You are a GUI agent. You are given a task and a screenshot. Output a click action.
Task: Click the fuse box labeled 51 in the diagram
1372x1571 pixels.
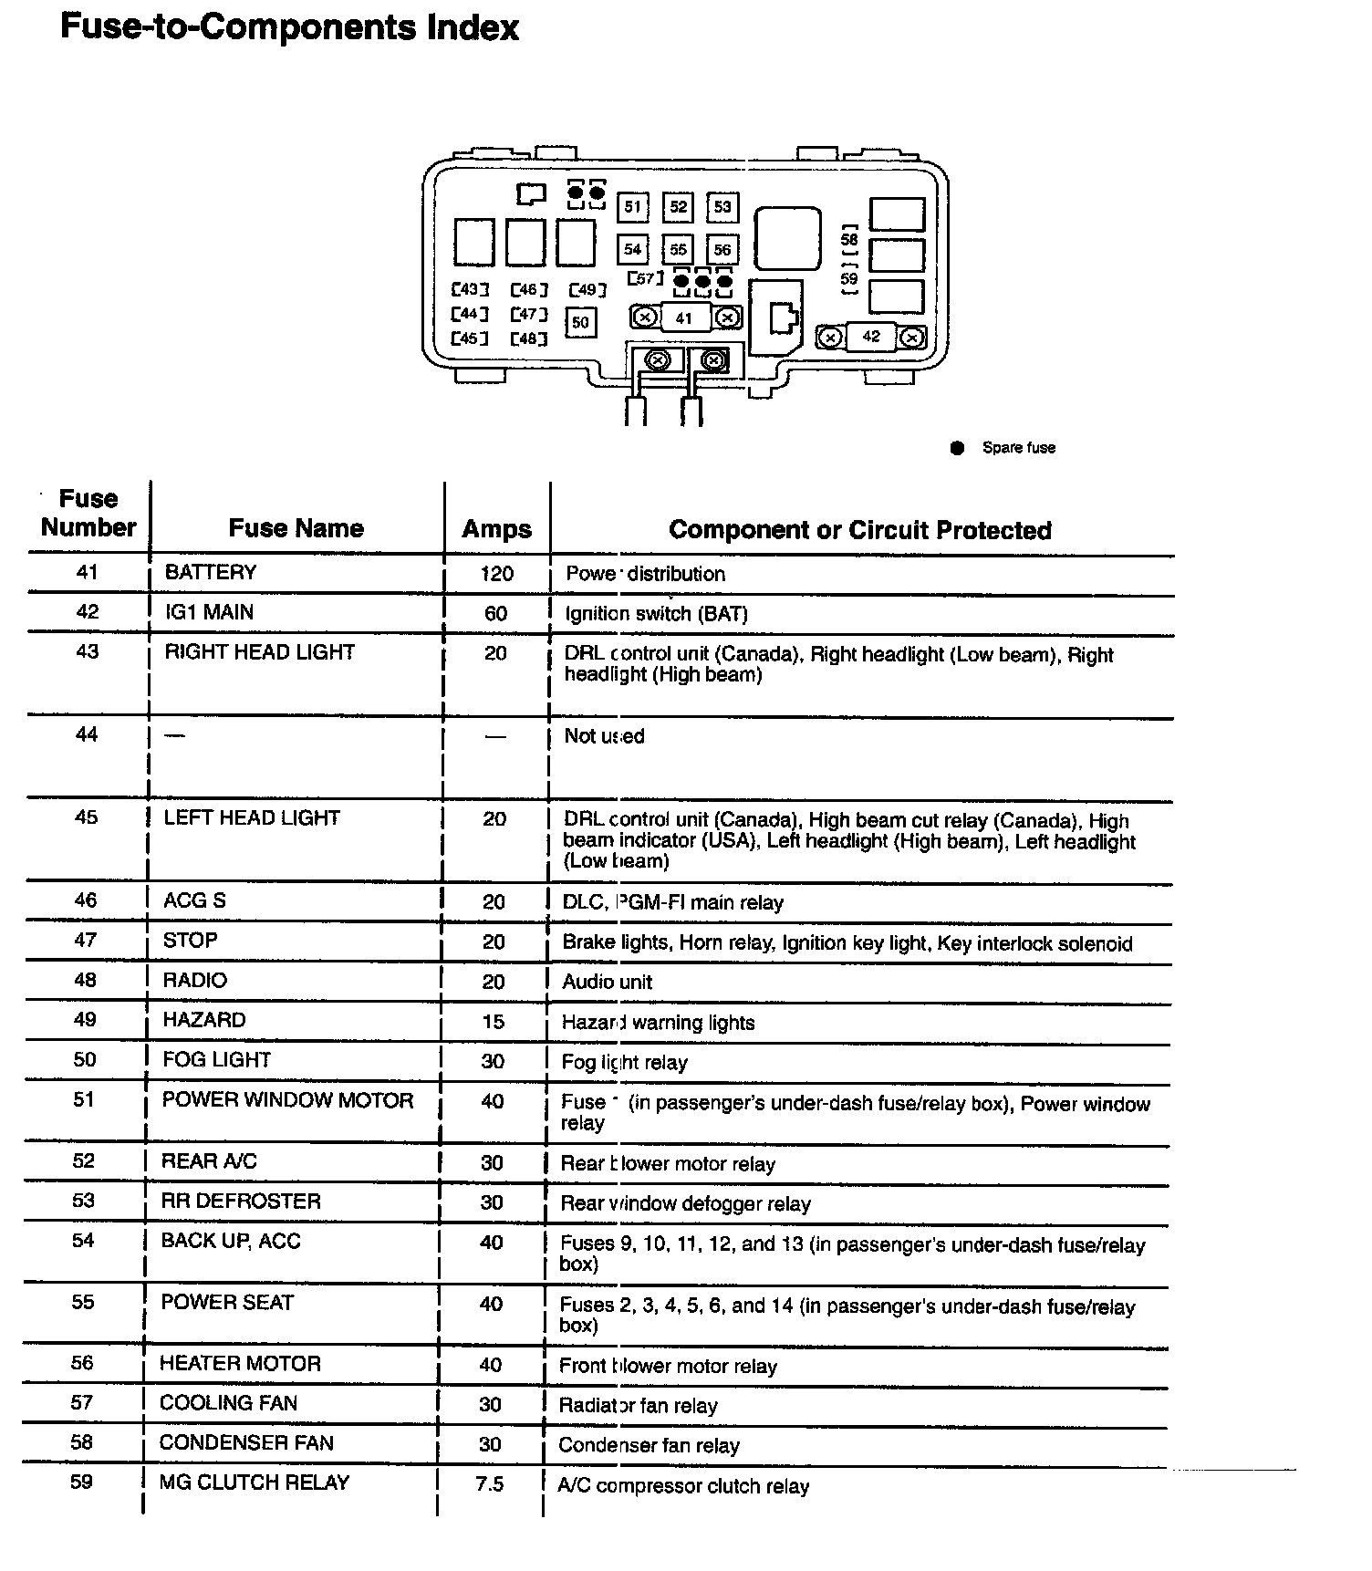[632, 207]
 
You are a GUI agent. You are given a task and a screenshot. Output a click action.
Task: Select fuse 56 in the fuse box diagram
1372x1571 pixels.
[722, 249]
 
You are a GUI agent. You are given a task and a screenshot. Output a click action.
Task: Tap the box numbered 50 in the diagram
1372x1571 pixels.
[581, 322]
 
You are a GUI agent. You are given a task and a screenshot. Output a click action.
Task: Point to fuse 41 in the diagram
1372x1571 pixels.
[684, 318]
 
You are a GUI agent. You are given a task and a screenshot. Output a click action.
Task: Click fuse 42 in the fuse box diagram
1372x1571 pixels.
[871, 337]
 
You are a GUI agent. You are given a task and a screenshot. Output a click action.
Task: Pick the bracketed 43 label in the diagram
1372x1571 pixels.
[470, 290]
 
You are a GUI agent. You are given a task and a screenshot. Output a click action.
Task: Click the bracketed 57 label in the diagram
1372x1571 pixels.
[645, 278]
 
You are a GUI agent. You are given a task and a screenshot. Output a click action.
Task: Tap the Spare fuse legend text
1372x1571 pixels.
[1018, 448]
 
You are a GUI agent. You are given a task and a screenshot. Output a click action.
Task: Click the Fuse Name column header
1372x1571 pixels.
[296, 528]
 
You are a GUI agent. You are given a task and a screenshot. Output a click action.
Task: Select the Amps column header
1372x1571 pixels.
[496, 529]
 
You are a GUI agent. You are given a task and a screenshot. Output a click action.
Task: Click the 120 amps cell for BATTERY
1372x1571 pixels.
[496, 574]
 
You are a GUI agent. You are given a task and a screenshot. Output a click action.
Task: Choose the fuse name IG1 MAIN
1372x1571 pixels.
[209, 612]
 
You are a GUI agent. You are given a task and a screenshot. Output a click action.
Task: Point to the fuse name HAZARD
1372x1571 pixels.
[204, 1020]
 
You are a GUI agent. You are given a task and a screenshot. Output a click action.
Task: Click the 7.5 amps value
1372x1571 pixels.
[490, 1484]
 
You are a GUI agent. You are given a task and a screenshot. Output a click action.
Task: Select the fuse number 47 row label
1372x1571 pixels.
[85, 941]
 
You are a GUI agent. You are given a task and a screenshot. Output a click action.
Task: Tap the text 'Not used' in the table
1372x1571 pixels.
[604, 736]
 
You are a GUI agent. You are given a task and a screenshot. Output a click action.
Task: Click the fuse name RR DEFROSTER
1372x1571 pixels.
[241, 1201]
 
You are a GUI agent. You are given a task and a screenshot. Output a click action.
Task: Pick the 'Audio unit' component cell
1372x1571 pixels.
[607, 983]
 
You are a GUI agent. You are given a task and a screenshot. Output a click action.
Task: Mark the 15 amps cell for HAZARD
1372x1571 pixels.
[494, 1022]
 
